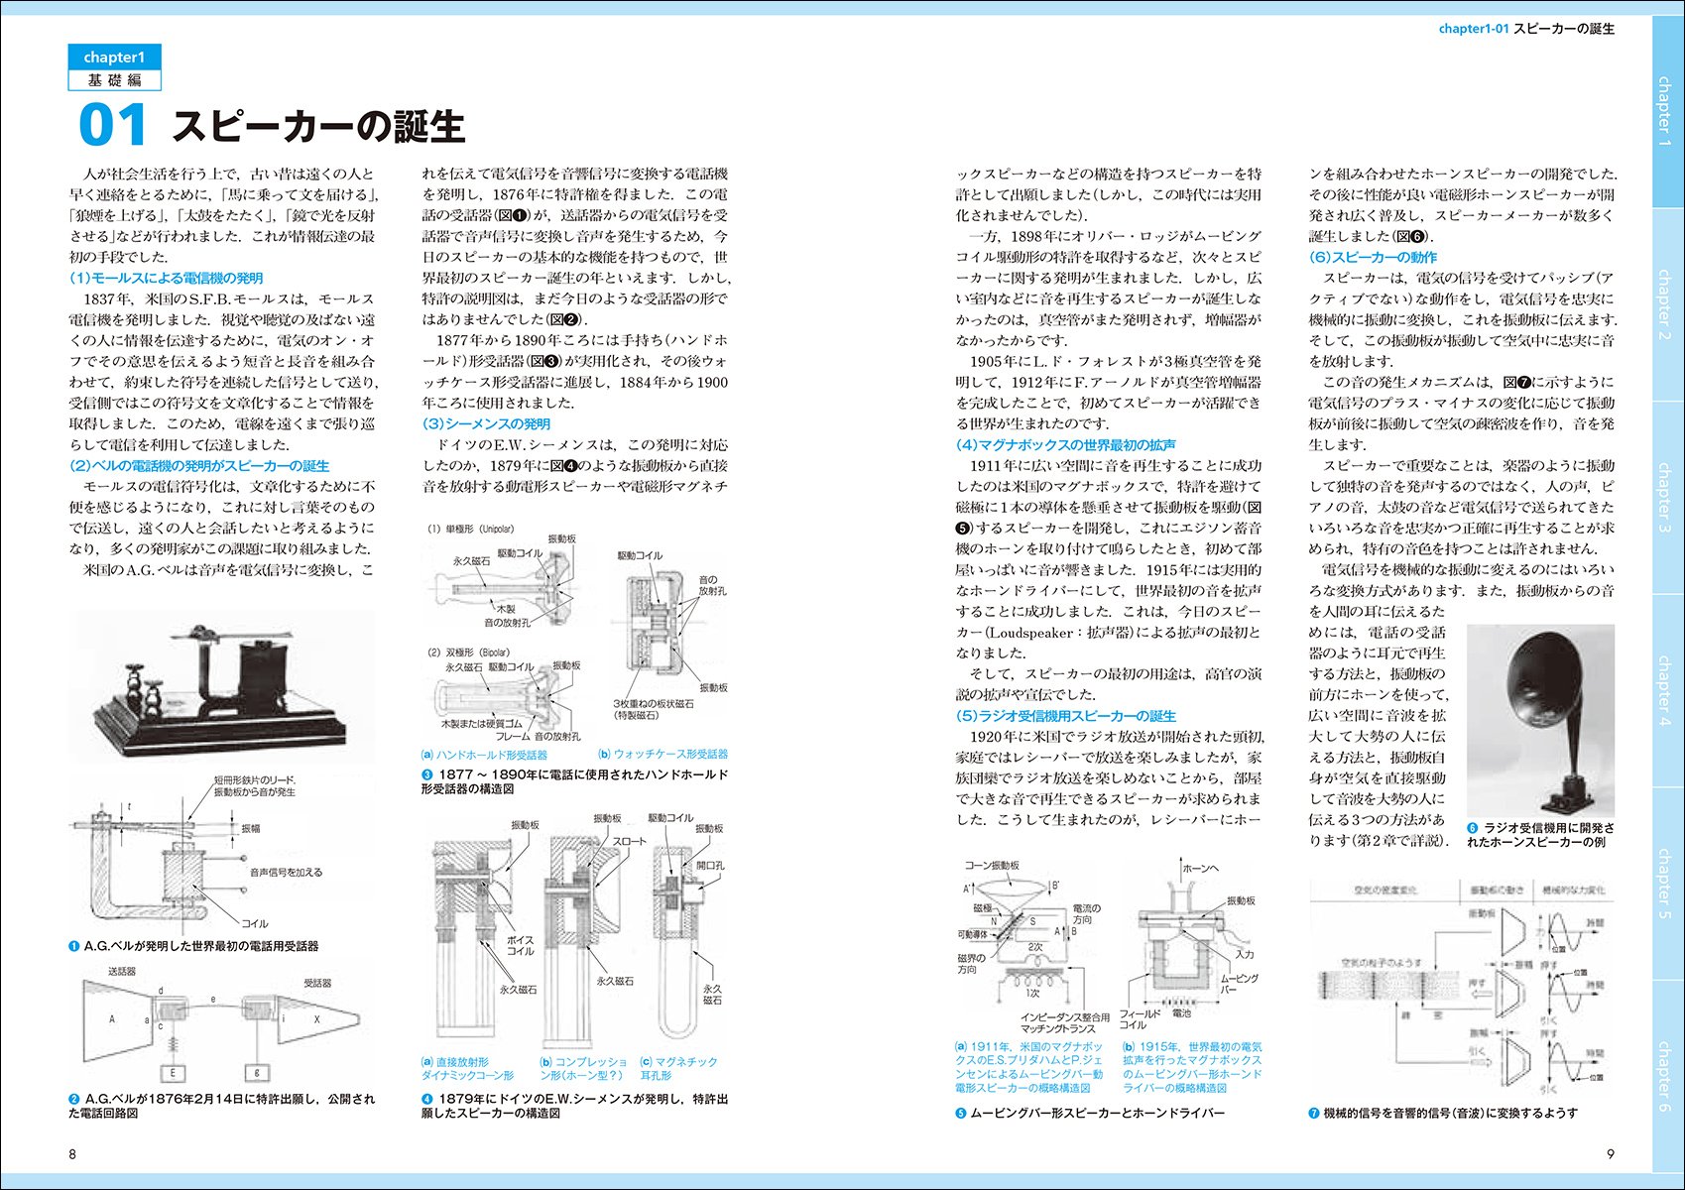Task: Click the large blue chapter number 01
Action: coord(112,126)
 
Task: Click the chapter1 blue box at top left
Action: coord(114,58)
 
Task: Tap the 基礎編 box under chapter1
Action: coord(114,80)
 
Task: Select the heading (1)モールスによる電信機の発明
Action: coord(166,278)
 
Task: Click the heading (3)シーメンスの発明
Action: coord(486,423)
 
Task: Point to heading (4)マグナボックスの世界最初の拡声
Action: coord(1065,444)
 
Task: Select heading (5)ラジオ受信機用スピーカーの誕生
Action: coord(1065,715)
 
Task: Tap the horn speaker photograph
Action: coord(1539,719)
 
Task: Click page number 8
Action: coord(72,1153)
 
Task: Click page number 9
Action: coord(1611,1153)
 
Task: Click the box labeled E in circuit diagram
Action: coord(173,1073)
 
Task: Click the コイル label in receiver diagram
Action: coord(255,923)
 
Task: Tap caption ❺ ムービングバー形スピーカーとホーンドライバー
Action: coord(1090,1113)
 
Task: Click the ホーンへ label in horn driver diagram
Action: coord(1202,868)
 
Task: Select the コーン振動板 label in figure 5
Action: coord(992,865)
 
